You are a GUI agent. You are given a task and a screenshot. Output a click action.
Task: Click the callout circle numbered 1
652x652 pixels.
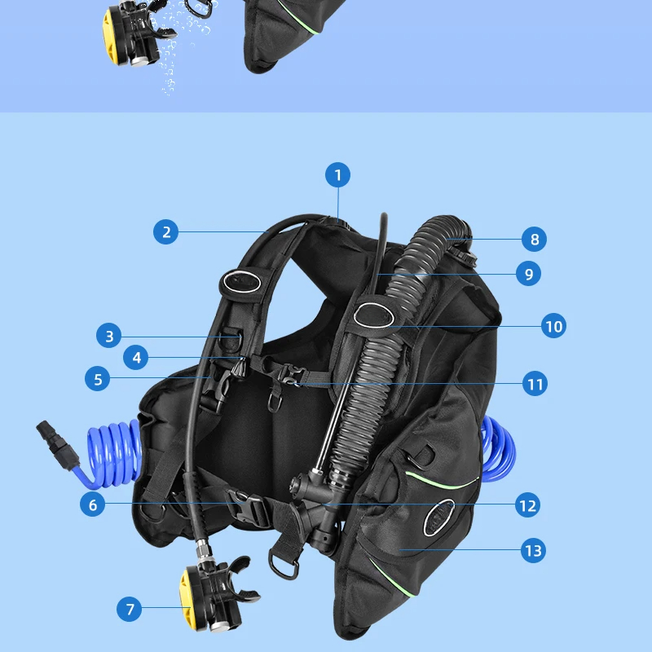pyautogui.click(x=337, y=174)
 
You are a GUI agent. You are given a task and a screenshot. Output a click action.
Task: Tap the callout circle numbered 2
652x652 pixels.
pyautogui.click(x=166, y=231)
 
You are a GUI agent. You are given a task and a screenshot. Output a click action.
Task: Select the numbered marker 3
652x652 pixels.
pyautogui.click(x=108, y=335)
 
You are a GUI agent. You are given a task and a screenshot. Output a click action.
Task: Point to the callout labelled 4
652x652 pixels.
pyautogui.click(x=136, y=357)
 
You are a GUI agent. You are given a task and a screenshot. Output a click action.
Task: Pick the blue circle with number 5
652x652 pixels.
pyautogui.click(x=98, y=379)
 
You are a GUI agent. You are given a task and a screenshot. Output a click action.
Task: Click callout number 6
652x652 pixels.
pyautogui.click(x=93, y=504)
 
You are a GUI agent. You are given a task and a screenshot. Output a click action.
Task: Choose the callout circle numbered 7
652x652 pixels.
pyautogui.click(x=129, y=608)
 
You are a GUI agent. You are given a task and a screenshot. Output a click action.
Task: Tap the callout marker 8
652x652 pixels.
pyautogui.click(x=535, y=240)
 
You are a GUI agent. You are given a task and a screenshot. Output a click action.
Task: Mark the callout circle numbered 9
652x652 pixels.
pyautogui.click(x=528, y=274)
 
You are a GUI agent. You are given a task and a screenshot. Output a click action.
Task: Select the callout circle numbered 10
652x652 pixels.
pyautogui.click(x=553, y=327)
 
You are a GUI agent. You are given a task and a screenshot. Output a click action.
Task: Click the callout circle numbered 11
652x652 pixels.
pyautogui.click(x=535, y=383)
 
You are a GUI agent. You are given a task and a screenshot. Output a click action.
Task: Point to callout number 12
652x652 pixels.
pyautogui.click(x=527, y=505)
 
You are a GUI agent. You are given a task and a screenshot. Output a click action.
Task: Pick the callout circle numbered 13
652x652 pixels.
pyautogui.click(x=533, y=550)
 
